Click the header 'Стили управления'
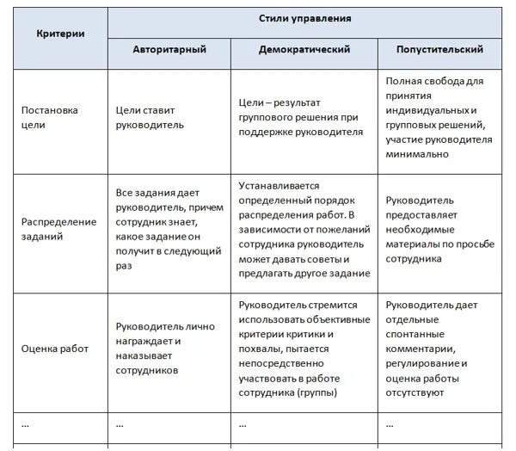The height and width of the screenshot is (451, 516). click(x=305, y=18)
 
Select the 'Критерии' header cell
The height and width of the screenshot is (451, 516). click(x=60, y=34)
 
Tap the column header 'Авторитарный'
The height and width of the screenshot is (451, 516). click(x=169, y=50)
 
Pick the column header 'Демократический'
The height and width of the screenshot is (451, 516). click(x=304, y=50)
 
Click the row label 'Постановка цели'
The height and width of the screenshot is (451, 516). click(x=49, y=117)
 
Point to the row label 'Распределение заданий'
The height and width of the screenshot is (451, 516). click(x=58, y=229)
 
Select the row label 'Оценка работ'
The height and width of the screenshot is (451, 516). click(x=54, y=349)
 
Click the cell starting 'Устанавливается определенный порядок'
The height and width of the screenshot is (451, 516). click(x=304, y=229)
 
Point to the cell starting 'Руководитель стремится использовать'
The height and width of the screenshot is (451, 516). click(x=304, y=349)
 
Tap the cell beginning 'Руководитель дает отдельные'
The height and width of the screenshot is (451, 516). click(x=434, y=349)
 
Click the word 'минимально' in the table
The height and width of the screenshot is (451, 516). click(x=417, y=154)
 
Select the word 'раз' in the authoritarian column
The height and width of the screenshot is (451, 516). click(x=124, y=267)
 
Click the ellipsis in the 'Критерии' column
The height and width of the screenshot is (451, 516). click(x=25, y=423)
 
